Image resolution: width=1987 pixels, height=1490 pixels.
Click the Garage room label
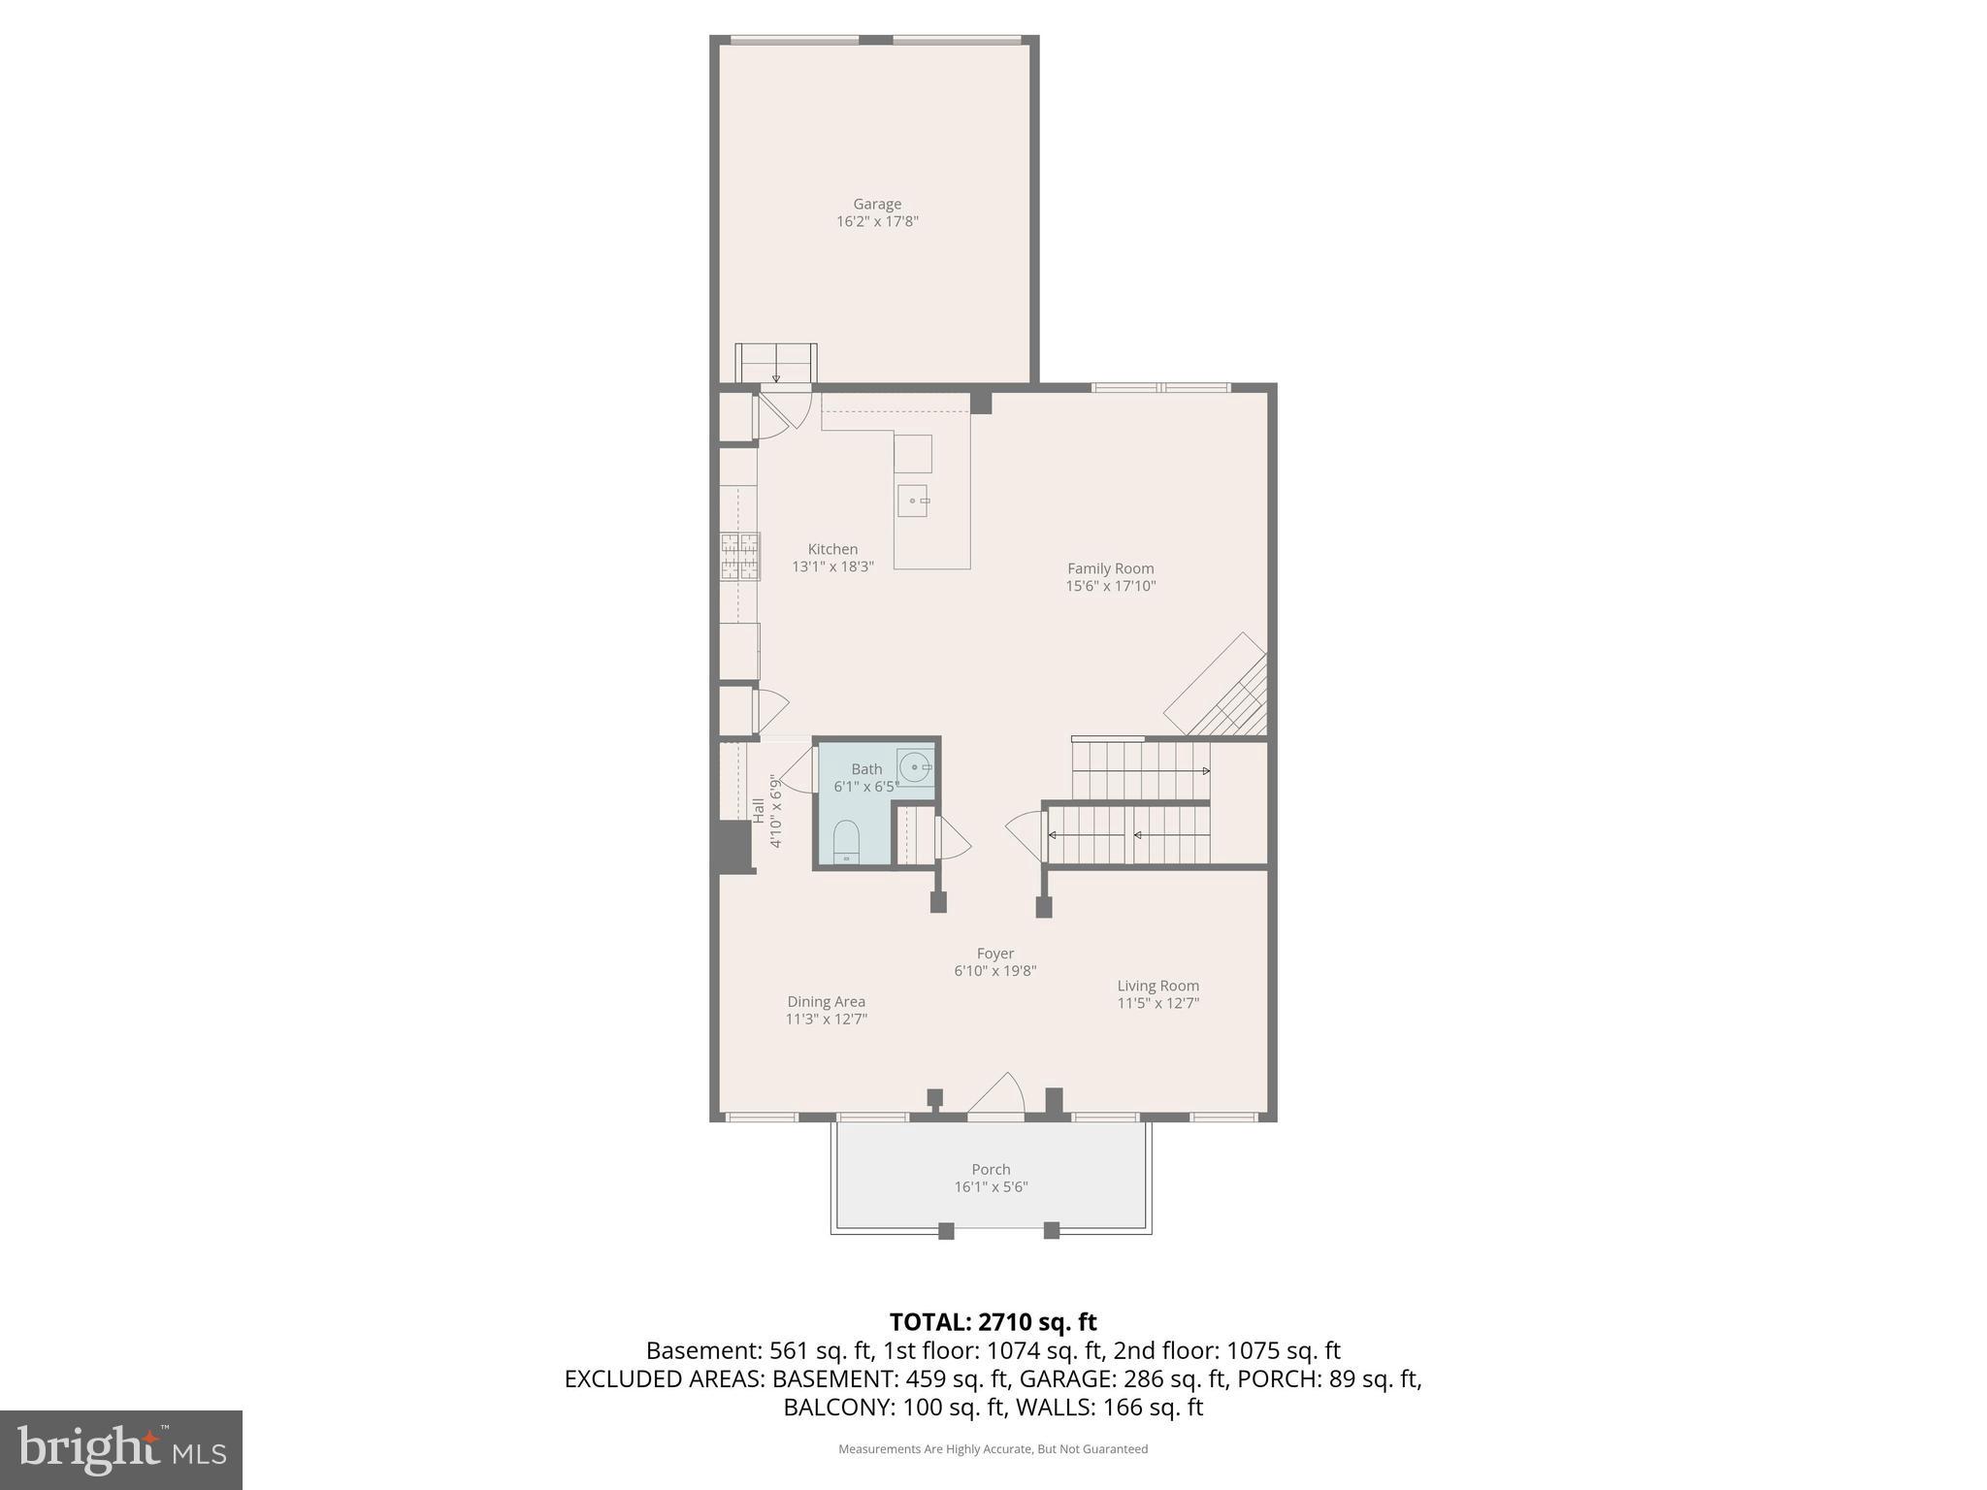[877, 204]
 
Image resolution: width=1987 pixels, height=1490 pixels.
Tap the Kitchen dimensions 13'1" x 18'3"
[832, 567]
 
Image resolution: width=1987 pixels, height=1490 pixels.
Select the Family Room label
[1110, 568]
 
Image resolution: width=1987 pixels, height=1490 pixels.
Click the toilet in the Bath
[846, 841]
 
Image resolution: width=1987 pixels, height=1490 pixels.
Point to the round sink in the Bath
[914, 767]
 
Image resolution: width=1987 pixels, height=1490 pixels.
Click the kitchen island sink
[912, 501]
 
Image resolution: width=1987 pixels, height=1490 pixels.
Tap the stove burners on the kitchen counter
[739, 557]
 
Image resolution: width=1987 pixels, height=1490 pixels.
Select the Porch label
[991, 1170]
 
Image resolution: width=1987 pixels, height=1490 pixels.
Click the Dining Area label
[826, 1002]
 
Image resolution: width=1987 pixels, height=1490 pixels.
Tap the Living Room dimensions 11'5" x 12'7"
[1157, 1003]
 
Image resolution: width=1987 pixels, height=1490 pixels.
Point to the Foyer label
[994, 954]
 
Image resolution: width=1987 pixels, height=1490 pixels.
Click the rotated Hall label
[759, 810]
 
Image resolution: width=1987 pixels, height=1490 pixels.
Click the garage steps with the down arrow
[775, 364]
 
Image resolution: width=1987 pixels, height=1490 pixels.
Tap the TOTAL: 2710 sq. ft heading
[993, 1321]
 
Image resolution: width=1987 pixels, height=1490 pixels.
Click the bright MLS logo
[120, 1450]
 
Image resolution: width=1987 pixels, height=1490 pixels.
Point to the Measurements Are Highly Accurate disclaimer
[993, 1449]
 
